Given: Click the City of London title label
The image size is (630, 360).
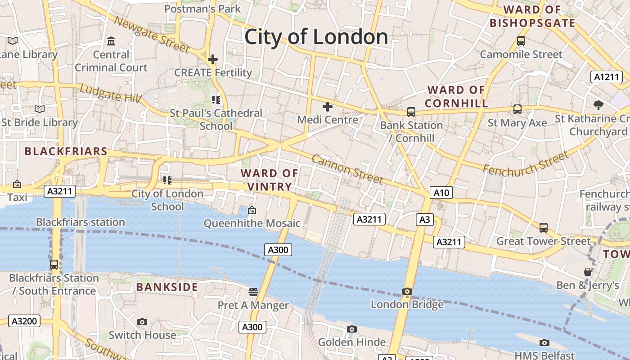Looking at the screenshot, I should (316, 36).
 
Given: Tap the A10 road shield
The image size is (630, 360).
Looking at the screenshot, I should (441, 193).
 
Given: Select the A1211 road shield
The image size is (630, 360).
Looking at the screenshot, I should (606, 77).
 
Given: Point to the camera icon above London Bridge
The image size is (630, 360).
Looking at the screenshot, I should (407, 292).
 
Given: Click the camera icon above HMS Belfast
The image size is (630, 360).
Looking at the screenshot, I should (544, 343).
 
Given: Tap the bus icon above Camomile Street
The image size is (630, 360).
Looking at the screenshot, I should (521, 41).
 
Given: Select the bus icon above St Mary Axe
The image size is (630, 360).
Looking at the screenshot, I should (517, 109).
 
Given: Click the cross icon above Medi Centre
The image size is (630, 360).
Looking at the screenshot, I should (328, 107).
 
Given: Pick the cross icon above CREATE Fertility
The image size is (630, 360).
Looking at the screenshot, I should (213, 59).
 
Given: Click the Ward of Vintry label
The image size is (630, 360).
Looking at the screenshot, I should (270, 180).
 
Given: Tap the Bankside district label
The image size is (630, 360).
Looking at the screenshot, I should (167, 287).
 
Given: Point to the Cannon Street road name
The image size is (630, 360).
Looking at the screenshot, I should (347, 170).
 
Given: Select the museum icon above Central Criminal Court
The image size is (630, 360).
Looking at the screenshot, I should (111, 42).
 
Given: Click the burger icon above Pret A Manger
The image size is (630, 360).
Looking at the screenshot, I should (253, 292).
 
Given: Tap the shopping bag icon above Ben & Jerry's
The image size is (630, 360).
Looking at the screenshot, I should (587, 272).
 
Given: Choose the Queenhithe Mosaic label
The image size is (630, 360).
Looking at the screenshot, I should (252, 223).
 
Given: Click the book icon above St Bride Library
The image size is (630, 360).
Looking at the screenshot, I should (40, 109).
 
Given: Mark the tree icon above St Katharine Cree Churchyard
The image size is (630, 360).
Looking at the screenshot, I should (598, 105).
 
